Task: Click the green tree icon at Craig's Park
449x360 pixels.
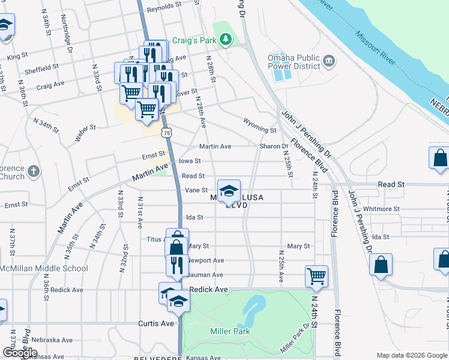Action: point(226,40)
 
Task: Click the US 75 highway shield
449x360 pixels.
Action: point(166,132)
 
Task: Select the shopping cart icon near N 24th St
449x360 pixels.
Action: point(316,277)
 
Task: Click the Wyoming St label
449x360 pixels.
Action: point(259,129)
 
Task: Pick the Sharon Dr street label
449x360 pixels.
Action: point(274,146)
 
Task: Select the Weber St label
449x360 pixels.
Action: point(85,133)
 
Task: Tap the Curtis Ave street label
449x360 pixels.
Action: point(158,323)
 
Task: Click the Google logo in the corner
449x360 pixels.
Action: point(20,352)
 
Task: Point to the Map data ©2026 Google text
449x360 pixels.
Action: point(411,355)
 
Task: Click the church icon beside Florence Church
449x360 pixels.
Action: point(34,170)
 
